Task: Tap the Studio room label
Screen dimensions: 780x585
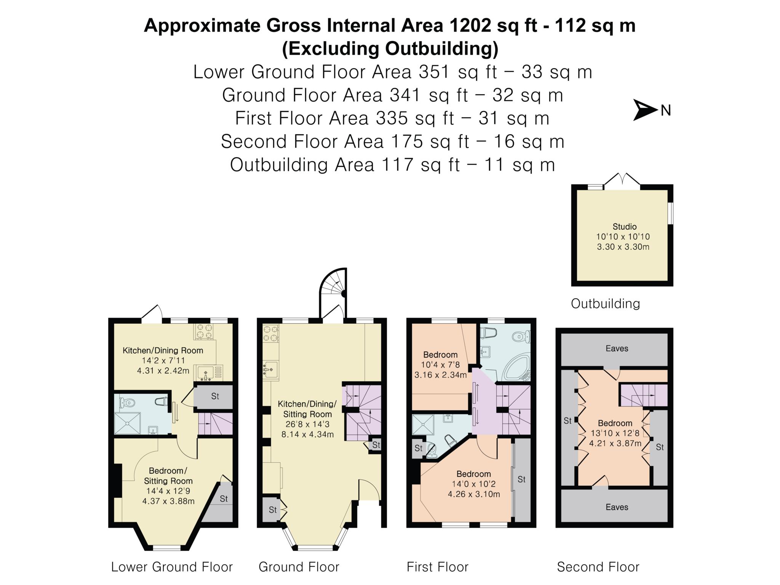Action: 625,227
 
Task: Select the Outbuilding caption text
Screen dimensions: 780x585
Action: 605,304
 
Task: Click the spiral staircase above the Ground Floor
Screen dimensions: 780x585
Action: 334,292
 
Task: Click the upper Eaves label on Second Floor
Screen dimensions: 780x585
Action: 617,348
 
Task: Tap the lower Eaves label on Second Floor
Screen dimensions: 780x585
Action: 617,507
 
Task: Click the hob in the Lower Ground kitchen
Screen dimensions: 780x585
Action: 205,331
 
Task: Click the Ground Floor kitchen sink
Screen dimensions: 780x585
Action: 270,369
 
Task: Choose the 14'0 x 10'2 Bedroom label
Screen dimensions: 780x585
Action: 474,484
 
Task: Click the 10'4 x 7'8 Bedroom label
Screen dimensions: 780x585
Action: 440,364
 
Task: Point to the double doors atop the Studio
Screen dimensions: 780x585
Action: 622,179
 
